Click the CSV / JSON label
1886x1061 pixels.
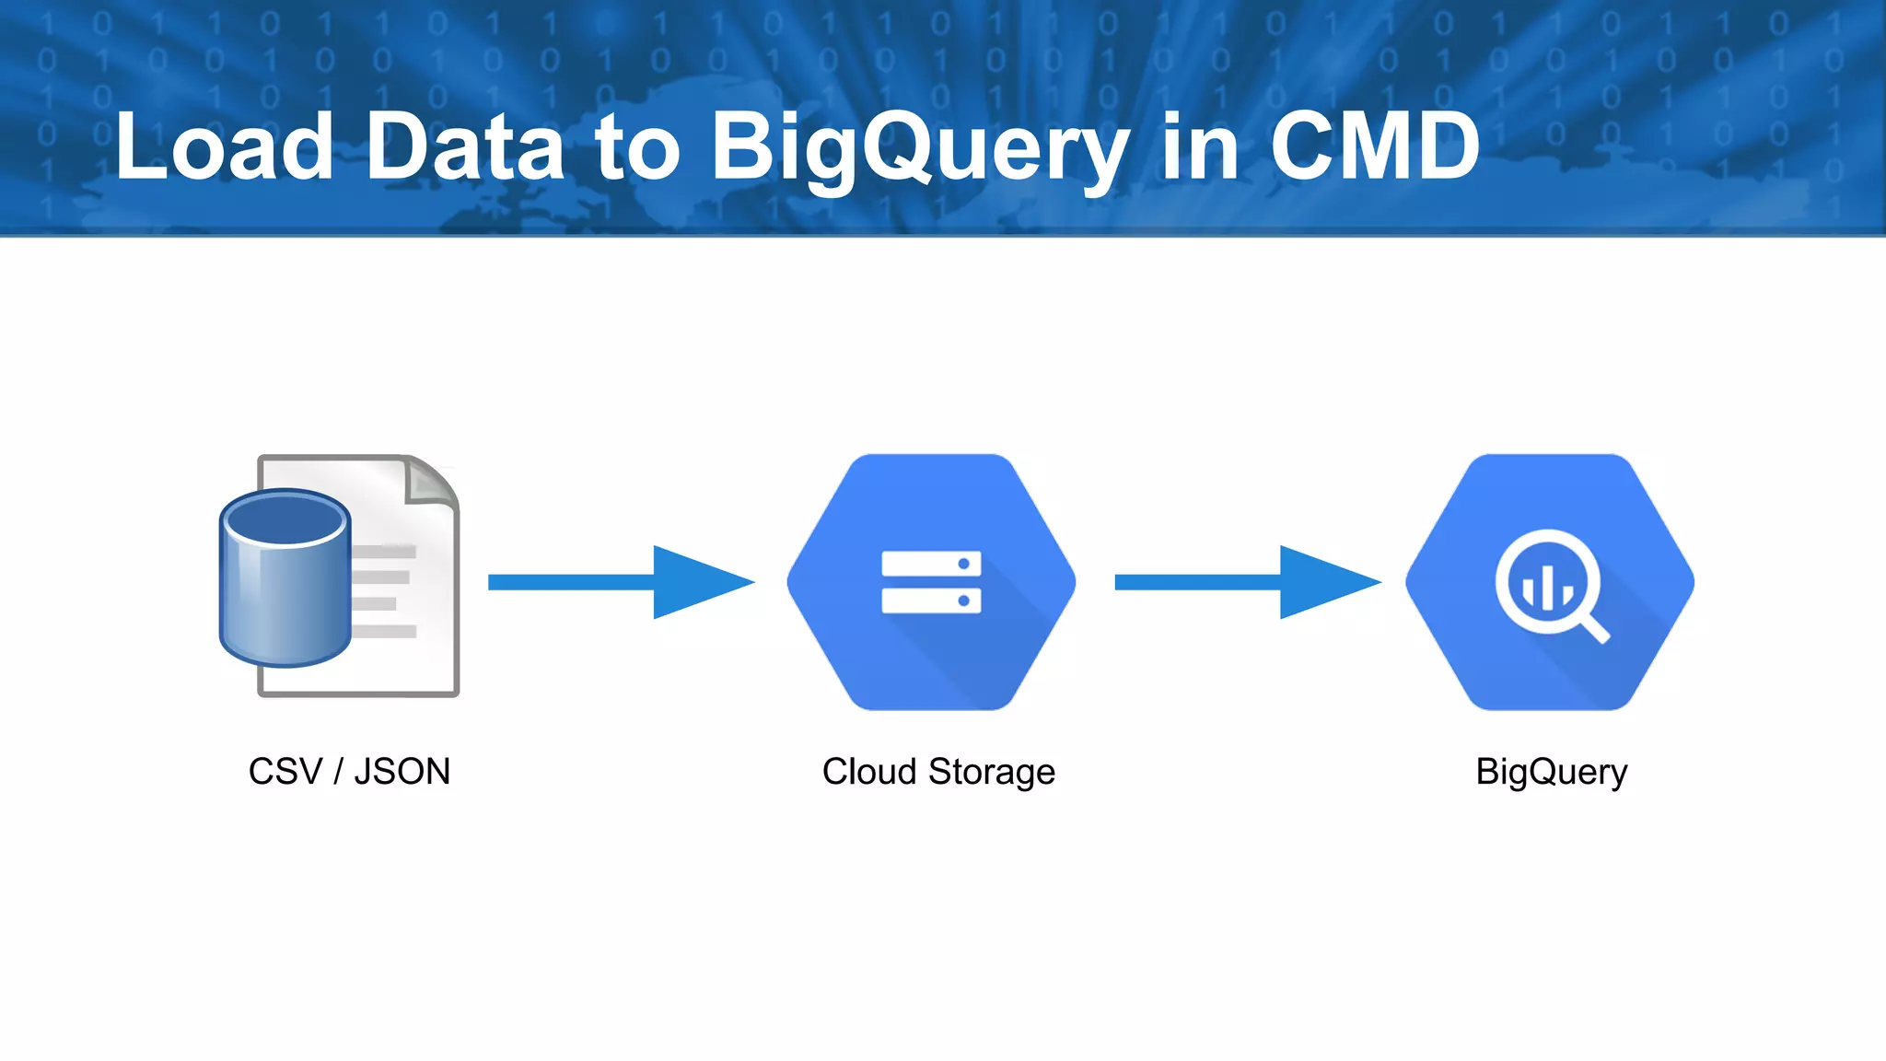pyautogui.click(x=349, y=772)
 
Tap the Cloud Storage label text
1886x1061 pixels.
pyautogui.click(x=938, y=772)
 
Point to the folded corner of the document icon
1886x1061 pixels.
pyautogui.click(x=431, y=481)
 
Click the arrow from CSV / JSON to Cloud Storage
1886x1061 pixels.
pyautogui.click(x=621, y=582)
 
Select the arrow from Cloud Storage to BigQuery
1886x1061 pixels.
pyautogui.click(x=1247, y=582)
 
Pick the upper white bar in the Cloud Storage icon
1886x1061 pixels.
pyautogui.click(x=931, y=564)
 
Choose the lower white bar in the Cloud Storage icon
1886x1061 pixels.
pyautogui.click(x=931, y=601)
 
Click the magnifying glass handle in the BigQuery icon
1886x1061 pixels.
pyautogui.click(x=1595, y=629)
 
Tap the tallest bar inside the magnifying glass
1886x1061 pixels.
pyautogui.click(x=1548, y=588)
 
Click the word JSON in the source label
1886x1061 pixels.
pyautogui.click(x=402, y=772)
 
